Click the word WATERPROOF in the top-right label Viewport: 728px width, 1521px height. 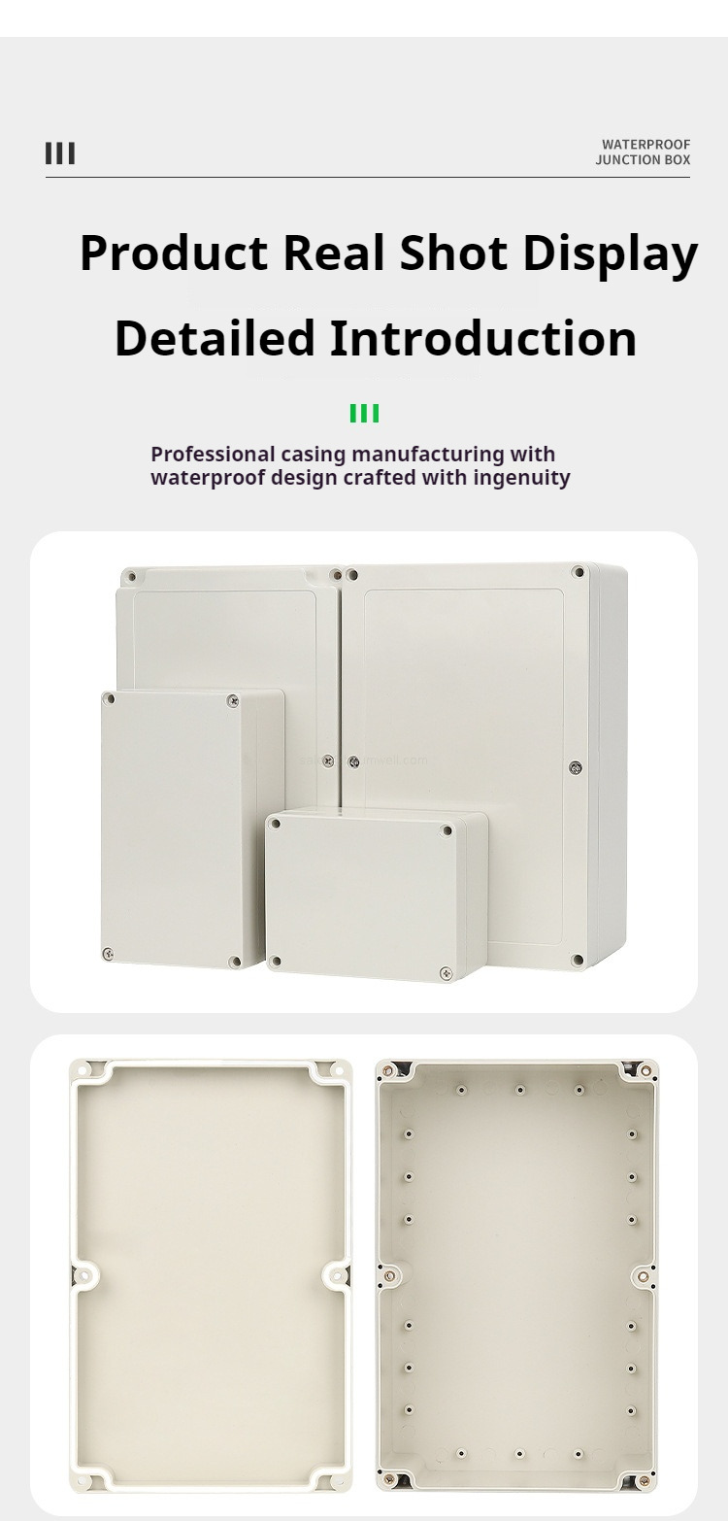(x=645, y=145)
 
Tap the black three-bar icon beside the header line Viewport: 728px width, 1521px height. (x=60, y=153)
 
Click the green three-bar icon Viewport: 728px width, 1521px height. (x=364, y=414)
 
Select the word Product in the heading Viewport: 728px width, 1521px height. (x=173, y=253)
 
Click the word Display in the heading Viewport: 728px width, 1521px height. (x=610, y=253)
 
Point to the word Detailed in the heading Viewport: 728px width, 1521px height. (x=215, y=339)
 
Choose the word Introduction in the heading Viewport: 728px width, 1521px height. (x=482, y=339)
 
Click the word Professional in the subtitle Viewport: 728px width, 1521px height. (x=213, y=454)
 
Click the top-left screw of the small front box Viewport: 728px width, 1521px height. (x=275, y=824)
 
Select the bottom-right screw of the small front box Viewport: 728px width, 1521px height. (x=447, y=971)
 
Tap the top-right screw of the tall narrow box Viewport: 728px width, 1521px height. (x=232, y=700)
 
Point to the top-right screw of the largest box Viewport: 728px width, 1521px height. (x=578, y=572)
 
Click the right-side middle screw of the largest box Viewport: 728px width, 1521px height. (x=577, y=767)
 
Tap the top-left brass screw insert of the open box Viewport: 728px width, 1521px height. (x=389, y=1071)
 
